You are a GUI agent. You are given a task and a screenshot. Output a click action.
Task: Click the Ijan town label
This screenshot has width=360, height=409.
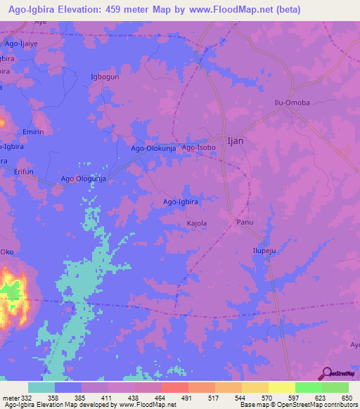coord(236,141)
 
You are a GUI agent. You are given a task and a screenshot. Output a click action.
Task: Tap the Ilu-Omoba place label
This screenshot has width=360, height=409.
coord(292,103)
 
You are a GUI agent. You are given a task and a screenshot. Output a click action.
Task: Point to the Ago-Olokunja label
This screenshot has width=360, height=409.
coord(154,149)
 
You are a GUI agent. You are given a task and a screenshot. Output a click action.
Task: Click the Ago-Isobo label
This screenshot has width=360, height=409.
coord(198,148)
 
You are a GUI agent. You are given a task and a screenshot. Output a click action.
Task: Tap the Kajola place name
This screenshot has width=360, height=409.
coord(196,223)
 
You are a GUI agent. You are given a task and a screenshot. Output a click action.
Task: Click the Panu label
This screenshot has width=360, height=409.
coord(244,222)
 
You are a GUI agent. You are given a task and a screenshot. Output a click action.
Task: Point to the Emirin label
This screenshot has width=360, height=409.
coord(33,131)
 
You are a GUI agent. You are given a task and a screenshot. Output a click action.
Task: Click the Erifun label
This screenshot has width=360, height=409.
coord(25,171)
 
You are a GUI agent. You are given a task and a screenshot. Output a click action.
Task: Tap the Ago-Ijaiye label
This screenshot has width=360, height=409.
coord(20,44)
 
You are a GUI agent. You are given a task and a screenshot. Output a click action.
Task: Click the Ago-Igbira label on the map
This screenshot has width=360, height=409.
coord(181,202)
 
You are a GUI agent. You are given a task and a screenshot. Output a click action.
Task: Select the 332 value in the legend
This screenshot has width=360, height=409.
coord(28,398)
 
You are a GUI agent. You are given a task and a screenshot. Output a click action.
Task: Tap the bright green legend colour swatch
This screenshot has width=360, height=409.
coord(308,387)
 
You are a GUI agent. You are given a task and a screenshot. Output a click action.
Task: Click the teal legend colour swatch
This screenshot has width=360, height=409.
coord(41,387)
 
